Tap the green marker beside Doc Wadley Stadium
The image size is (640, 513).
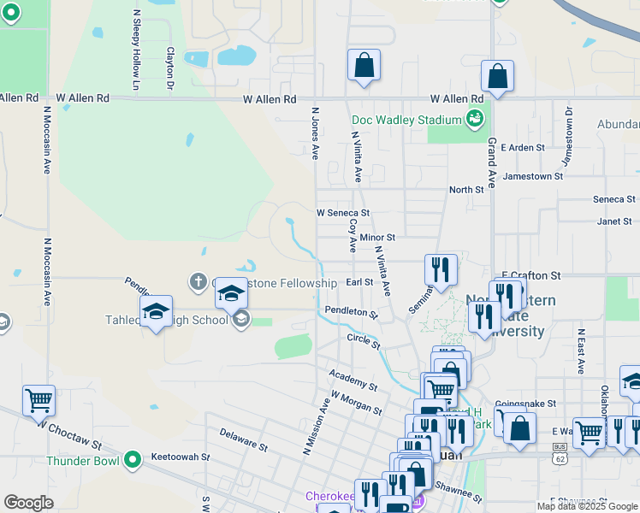(474, 119)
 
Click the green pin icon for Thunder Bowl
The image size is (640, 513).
(132, 461)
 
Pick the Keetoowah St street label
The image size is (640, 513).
(180, 457)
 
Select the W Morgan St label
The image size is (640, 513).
(356, 403)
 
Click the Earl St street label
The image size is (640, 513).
(359, 281)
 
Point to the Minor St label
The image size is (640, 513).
(377, 237)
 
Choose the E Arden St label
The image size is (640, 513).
(524, 148)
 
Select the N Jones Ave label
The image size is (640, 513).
(315, 133)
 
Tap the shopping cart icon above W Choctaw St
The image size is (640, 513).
(39, 399)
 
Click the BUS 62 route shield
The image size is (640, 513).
(560, 451)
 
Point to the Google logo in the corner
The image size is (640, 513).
(28, 502)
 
